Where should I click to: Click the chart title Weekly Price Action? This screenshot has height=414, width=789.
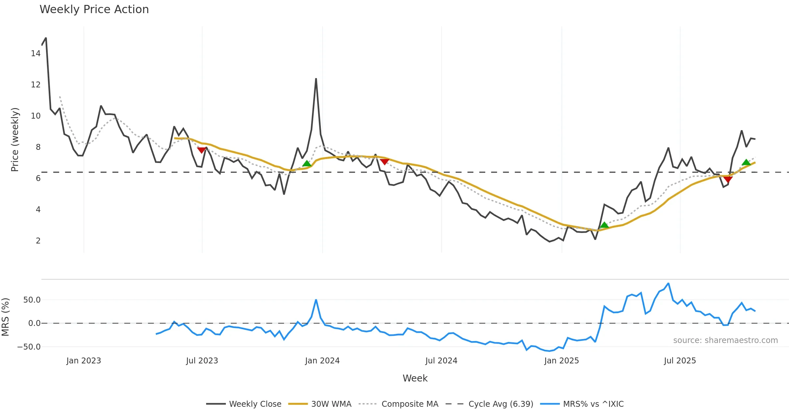[94, 10]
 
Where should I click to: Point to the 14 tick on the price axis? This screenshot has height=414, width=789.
[36, 54]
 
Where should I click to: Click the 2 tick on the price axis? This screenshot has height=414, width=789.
[38, 241]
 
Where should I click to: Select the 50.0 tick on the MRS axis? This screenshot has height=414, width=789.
[32, 300]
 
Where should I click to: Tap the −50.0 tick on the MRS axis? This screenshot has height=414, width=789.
[29, 347]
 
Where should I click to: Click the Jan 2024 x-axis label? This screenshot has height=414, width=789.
[322, 361]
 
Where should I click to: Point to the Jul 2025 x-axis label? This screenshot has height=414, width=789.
[680, 361]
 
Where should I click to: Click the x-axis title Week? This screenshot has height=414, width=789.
[415, 379]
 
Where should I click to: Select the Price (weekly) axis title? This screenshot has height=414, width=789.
[15, 140]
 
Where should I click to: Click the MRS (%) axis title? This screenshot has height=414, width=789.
[6, 317]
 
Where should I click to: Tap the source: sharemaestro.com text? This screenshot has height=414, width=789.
[725, 340]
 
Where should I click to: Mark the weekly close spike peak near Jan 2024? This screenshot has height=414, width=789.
[316, 79]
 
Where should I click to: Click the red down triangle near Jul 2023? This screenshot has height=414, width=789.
[202, 150]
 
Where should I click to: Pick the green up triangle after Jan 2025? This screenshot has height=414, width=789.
[604, 225]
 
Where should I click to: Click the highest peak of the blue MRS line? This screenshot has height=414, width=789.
[668, 283]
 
